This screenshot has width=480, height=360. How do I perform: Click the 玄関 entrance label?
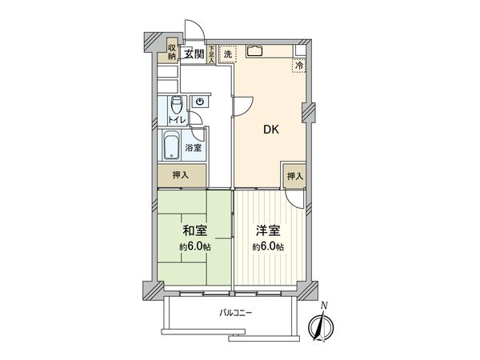192,54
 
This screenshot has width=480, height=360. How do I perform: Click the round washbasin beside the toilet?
199,102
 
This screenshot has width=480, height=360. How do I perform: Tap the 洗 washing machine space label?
227,54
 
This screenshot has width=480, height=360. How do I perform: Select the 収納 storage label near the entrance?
172,52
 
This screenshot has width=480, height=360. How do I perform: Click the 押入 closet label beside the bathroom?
180,175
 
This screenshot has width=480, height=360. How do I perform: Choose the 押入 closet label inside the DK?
295,176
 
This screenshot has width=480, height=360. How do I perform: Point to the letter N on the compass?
324,307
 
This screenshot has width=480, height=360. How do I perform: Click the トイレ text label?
177,120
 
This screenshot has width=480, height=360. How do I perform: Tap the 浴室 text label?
193,148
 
